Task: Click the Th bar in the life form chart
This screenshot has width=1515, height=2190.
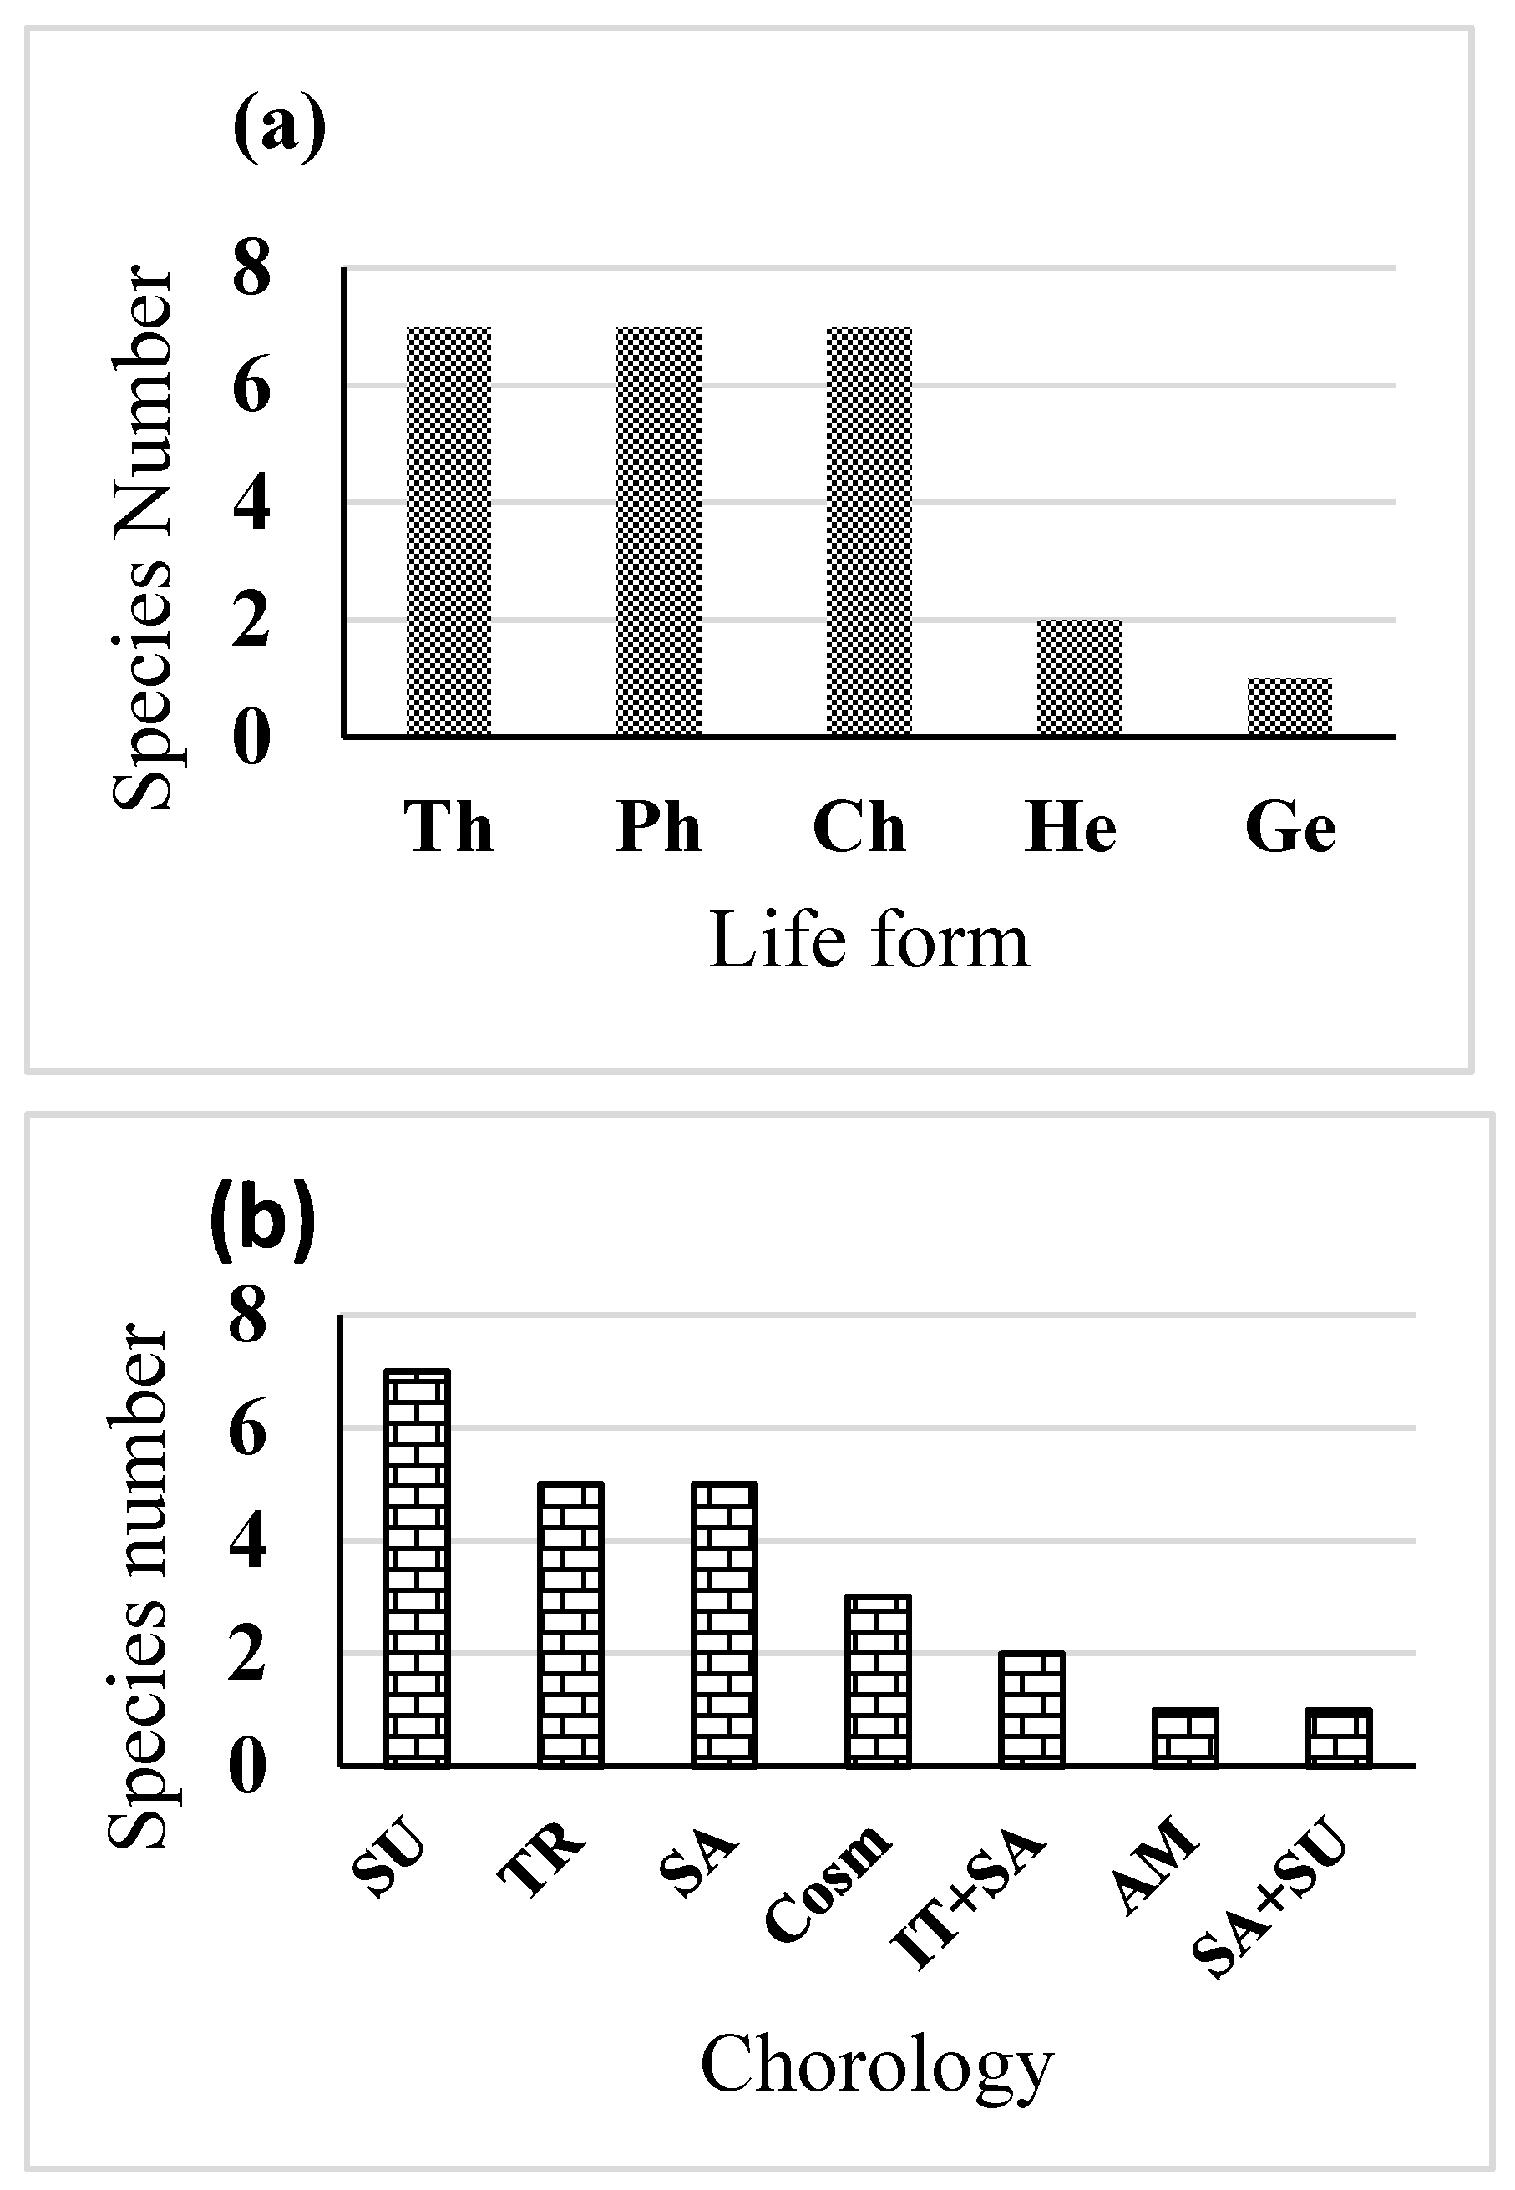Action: [x=449, y=530]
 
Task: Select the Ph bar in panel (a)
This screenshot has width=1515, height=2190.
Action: [x=659, y=530]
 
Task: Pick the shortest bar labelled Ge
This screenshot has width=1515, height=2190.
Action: [x=1289, y=707]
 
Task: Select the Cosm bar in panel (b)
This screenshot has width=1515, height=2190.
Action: [x=878, y=1681]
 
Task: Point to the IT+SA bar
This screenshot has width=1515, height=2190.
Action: [x=1031, y=1709]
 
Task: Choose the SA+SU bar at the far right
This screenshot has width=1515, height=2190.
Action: [x=1340, y=1736]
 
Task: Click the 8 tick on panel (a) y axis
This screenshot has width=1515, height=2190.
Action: [x=251, y=269]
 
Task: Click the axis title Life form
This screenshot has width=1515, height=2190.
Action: [x=869, y=940]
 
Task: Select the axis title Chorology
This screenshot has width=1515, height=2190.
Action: [x=876, y=2065]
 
